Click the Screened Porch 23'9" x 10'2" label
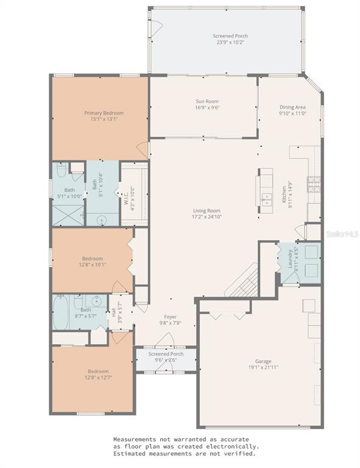230,40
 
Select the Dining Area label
292,110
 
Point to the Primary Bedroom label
104,116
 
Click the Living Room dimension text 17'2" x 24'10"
206,216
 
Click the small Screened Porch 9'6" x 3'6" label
166,357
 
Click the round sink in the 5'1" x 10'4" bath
101,220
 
